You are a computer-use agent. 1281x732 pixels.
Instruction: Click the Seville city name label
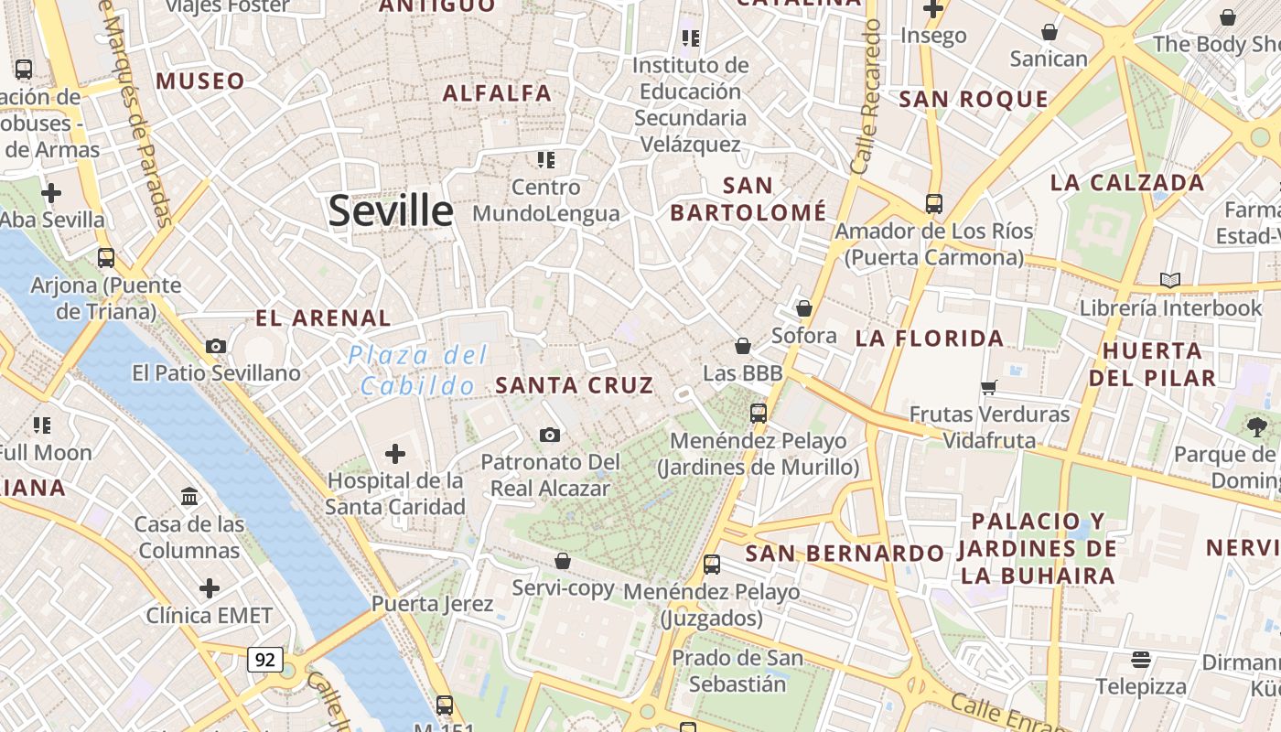pyautogui.click(x=391, y=211)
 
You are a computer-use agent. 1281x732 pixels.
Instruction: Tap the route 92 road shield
pyautogui.click(x=264, y=659)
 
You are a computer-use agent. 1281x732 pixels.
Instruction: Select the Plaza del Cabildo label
pyautogui.click(x=418, y=371)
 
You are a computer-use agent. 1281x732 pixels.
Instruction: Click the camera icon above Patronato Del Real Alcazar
pyautogui.click(x=549, y=435)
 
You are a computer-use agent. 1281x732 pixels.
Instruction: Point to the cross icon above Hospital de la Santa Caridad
pyautogui.click(x=395, y=453)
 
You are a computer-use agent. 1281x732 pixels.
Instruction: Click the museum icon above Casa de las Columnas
pyautogui.click(x=189, y=496)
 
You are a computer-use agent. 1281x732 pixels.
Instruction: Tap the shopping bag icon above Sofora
pyautogui.click(x=804, y=308)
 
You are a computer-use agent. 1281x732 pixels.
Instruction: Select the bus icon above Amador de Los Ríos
pyautogui.click(x=933, y=203)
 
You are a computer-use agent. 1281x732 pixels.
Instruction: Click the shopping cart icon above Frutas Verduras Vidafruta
pyautogui.click(x=988, y=387)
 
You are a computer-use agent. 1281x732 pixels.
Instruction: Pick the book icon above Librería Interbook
pyautogui.click(x=1169, y=280)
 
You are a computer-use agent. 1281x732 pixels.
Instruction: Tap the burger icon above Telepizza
pyautogui.click(x=1140, y=659)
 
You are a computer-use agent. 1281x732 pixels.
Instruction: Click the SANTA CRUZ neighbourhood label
pyautogui.click(x=575, y=385)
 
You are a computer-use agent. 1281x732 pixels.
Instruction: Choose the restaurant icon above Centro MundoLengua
pyautogui.click(x=546, y=160)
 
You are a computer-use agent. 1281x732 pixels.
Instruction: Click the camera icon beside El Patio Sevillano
pyautogui.click(x=216, y=346)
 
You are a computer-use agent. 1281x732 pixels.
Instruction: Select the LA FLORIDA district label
pyautogui.click(x=930, y=339)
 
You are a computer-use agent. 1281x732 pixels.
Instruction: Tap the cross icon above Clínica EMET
pyautogui.click(x=210, y=587)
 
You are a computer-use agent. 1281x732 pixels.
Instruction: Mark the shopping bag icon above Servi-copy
pyautogui.click(x=563, y=560)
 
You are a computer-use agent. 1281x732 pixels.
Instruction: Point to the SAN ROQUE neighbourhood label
pyautogui.click(x=974, y=99)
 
